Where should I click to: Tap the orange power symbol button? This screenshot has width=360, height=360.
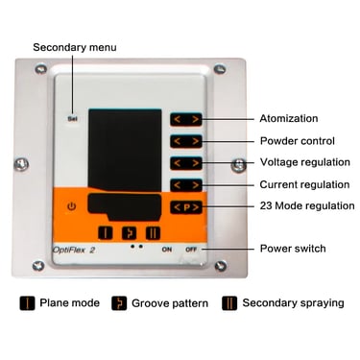pyautogui.click(x=72, y=206)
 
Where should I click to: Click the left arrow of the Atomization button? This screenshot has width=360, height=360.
pyautogui.click(x=178, y=120)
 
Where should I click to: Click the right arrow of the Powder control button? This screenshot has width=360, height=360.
pyautogui.click(x=195, y=141)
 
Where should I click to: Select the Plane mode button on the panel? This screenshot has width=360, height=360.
pyautogui.click(x=106, y=233)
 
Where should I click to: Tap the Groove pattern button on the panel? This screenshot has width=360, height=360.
pyautogui.click(x=129, y=233)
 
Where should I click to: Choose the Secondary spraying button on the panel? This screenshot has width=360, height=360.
pyautogui.click(x=153, y=233)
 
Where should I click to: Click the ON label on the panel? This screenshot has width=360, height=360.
pyautogui.click(x=167, y=250)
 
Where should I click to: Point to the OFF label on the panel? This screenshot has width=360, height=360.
pyautogui.click(x=191, y=250)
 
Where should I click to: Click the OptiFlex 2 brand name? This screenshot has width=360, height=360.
pyautogui.click(x=74, y=250)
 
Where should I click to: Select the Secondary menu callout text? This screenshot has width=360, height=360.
pyautogui.click(x=75, y=47)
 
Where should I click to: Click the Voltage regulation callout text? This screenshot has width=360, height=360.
pyautogui.click(x=305, y=162)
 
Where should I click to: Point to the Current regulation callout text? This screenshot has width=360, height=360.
pyautogui.click(x=304, y=184)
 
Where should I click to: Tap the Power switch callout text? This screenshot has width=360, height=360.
pyautogui.click(x=293, y=249)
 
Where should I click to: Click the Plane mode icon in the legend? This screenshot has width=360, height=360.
pyautogui.click(x=27, y=303)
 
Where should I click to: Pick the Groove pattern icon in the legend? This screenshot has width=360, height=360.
pyautogui.click(x=119, y=303)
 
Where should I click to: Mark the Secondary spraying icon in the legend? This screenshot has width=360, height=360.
pyautogui.click(x=229, y=303)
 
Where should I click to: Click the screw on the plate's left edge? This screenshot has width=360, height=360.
pyautogui.click(x=22, y=164)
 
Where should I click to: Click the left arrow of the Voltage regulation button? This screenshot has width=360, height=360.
pyautogui.click(x=178, y=163)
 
